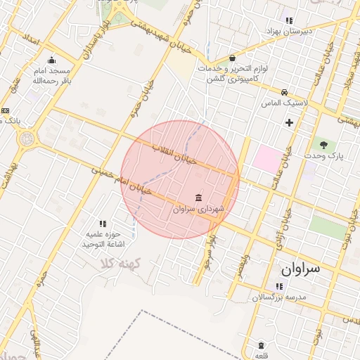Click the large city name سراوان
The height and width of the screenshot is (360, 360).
pyautogui.click(x=300, y=268)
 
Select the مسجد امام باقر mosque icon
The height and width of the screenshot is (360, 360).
pyautogui.click(x=51, y=60)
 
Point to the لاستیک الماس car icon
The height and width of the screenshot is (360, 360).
pyautogui.click(x=284, y=92)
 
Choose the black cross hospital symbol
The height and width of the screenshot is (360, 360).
pyautogui.click(x=289, y=123)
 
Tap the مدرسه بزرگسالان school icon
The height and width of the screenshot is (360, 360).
pyautogui.click(x=279, y=286)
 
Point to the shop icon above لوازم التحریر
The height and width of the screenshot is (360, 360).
pyautogui.click(x=232, y=58)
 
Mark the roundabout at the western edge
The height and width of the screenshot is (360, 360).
pyautogui.click(x=27, y=139)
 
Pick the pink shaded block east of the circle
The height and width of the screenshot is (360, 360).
pyautogui.click(x=266, y=157)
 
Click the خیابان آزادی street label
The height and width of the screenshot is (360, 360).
pyautogui.click(x=283, y=218)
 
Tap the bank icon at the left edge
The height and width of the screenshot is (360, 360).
pyautogui.click(x=5, y=110)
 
